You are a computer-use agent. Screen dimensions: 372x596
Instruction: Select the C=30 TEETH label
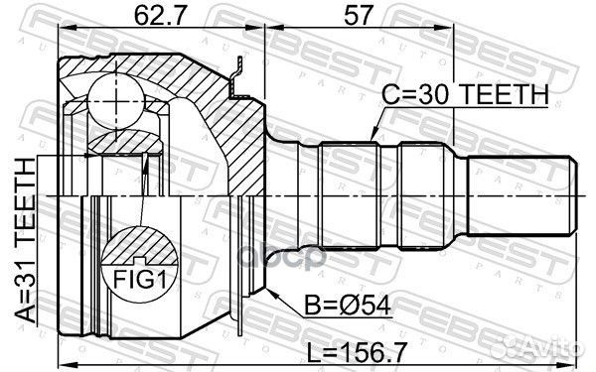[x=466, y=94]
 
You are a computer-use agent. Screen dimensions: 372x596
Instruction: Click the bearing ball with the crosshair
[x=116, y=100]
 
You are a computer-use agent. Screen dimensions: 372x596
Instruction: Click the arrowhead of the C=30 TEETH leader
[x=371, y=138]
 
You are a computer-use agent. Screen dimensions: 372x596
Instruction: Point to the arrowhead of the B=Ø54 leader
[x=266, y=288]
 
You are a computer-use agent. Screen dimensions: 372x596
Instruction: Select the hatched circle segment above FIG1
[x=140, y=246]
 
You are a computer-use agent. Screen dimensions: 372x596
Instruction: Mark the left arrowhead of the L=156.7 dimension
[x=62, y=338]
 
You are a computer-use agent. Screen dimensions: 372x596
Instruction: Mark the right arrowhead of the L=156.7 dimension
[x=575, y=338]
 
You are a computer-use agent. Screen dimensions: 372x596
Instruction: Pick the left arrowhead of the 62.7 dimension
[x=63, y=36]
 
